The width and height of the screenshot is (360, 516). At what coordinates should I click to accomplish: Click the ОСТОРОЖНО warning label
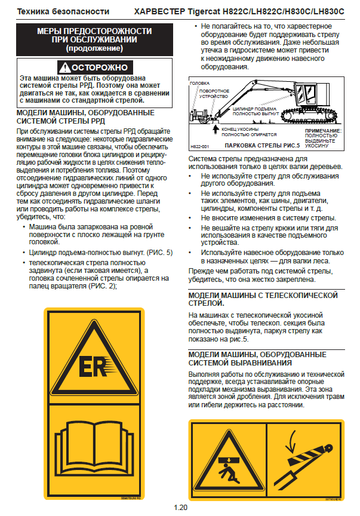tap(94, 67)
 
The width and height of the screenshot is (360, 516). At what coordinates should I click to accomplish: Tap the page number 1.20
tap(180, 508)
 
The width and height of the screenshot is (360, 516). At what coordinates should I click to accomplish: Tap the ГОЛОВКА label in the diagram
tap(199, 83)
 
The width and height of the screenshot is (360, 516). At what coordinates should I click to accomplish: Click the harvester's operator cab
tap(310, 96)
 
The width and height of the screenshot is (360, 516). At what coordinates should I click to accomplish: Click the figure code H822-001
tap(199, 146)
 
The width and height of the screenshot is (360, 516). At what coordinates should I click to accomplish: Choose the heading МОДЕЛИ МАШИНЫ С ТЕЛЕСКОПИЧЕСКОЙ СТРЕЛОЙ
tap(263, 299)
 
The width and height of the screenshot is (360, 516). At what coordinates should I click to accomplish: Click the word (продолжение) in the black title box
tap(94, 47)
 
